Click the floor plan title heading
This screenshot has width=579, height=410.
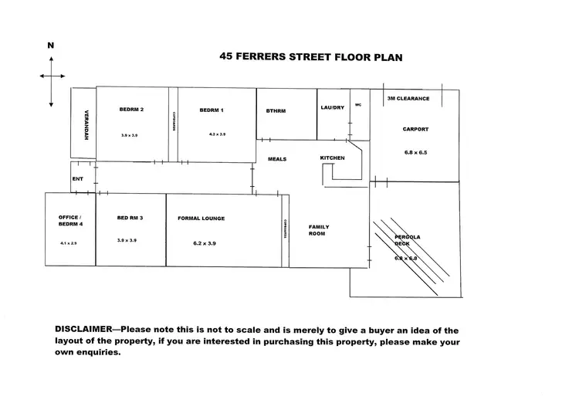click(x=311, y=56)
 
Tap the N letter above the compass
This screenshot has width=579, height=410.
click(x=51, y=46)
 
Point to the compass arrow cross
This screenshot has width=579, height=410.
click(x=51, y=76)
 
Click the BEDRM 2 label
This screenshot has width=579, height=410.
click(x=132, y=110)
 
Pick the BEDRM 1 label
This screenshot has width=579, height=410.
click(x=212, y=110)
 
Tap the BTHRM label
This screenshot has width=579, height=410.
click(x=276, y=110)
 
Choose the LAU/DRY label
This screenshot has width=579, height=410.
click(x=333, y=107)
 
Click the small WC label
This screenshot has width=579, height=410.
click(x=358, y=104)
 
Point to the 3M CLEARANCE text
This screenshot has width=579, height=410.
click(x=408, y=99)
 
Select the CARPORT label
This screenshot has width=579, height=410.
click(x=415, y=129)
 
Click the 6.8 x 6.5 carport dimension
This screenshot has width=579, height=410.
click(x=415, y=152)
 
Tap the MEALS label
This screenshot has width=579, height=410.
click(x=277, y=159)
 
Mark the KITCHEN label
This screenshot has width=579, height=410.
click(x=332, y=158)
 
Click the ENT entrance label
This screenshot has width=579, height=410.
click(x=77, y=178)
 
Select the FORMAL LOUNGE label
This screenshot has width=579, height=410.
click(x=201, y=219)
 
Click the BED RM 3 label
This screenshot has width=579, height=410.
click(x=130, y=218)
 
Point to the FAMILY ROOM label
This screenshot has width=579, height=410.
click(x=319, y=230)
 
